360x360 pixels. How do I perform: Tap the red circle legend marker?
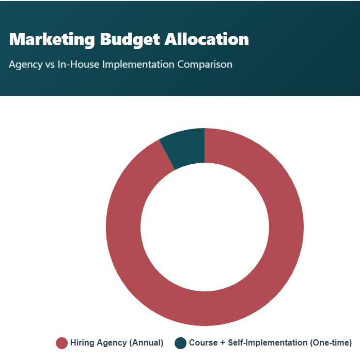click(62, 343)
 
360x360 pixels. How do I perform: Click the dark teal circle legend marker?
click(180, 343)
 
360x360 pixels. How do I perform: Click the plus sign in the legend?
click(222, 343)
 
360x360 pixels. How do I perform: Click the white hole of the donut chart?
click(205, 227)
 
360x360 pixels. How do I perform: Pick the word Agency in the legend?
click(111, 343)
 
